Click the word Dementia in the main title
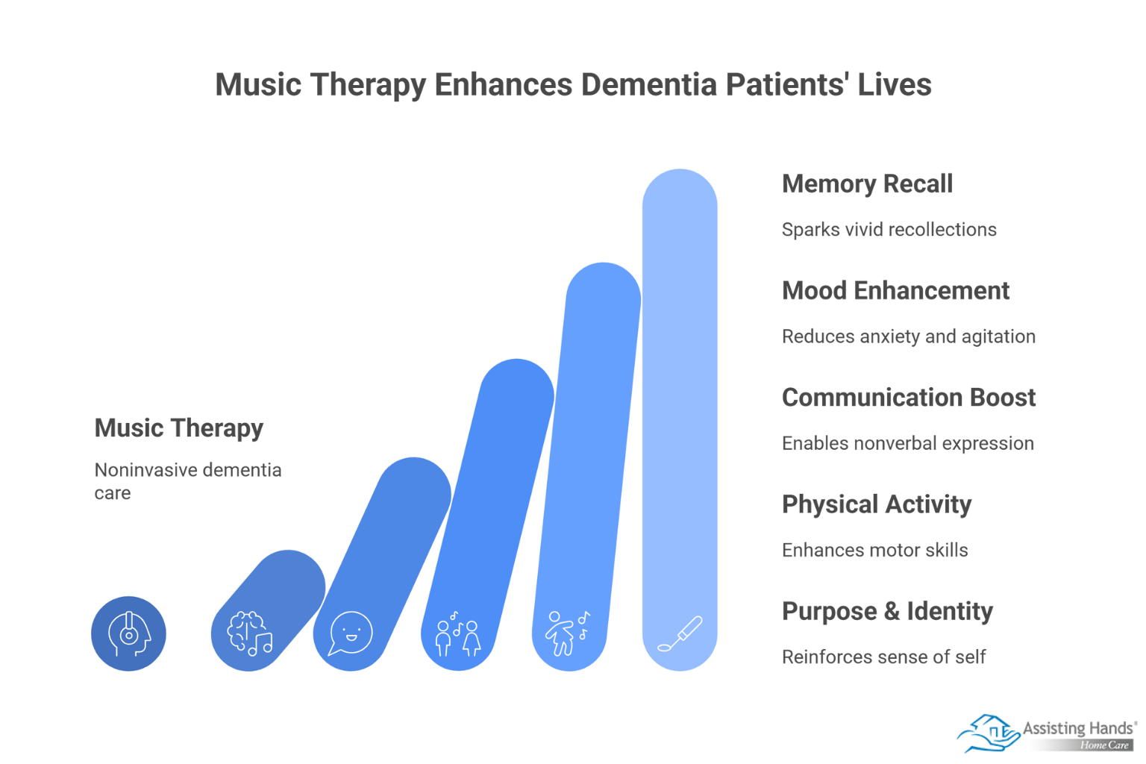click(x=648, y=84)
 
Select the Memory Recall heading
click(x=867, y=184)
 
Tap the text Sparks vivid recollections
click(x=889, y=229)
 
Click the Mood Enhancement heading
click(x=896, y=291)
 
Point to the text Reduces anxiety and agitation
click(x=909, y=336)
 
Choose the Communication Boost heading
click(x=909, y=398)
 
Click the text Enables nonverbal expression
click(x=908, y=443)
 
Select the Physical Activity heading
click(x=877, y=505)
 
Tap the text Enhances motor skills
click(x=875, y=550)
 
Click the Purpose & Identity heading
click(x=888, y=612)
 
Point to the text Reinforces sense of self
click(x=883, y=657)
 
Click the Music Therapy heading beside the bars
click(x=179, y=428)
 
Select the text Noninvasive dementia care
click(x=188, y=481)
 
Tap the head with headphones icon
click(x=129, y=634)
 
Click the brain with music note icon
click(x=250, y=634)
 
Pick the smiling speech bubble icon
click(x=351, y=633)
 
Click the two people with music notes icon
click(x=458, y=633)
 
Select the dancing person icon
click(x=567, y=633)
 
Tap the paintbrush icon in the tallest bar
click(x=680, y=634)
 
